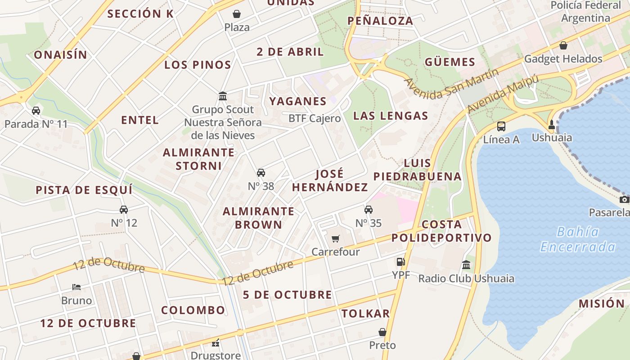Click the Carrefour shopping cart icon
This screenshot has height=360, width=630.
tap(335, 238)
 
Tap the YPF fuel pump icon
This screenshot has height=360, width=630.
tap(400, 261)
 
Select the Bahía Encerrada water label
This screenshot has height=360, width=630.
tap(578, 239)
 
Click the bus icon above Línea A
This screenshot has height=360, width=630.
tap(501, 126)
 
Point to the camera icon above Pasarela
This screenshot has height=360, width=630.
tap(624, 199)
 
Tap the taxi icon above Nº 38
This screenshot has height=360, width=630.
tap(261, 173)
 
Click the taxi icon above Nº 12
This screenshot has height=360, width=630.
tap(124, 209)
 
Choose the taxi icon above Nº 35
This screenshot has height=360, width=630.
tap(369, 210)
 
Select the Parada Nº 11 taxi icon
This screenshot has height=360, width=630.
tap(36, 111)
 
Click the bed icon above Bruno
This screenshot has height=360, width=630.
tap(76, 287)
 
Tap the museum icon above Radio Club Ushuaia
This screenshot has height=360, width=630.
tap(466, 265)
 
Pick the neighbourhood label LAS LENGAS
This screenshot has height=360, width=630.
tap(391, 116)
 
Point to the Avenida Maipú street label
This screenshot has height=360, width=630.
tap(503, 94)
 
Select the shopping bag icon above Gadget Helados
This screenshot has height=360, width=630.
tap(563, 45)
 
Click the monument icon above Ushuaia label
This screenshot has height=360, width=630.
tap(552, 124)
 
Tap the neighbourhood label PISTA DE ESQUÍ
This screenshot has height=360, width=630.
tap(84, 190)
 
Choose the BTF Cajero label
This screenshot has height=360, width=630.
tap(315, 118)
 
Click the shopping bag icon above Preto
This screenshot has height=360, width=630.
tap(382, 332)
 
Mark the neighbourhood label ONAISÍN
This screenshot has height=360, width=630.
tap(60, 55)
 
